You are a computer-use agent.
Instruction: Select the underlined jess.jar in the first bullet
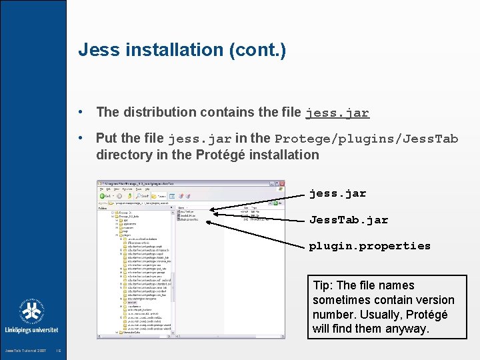[x=337, y=113]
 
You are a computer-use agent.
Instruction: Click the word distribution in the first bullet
[x=162, y=112]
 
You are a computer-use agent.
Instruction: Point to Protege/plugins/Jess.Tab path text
[x=366, y=139]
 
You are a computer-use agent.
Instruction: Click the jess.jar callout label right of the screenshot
[x=337, y=194]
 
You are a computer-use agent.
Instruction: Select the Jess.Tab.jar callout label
[x=348, y=220]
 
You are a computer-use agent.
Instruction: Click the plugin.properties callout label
[x=369, y=246]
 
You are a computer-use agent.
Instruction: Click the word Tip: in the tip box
[x=323, y=285]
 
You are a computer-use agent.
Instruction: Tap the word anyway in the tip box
[x=408, y=329]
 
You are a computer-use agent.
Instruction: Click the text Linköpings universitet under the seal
[x=31, y=330]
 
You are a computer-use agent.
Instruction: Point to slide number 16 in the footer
[x=59, y=351]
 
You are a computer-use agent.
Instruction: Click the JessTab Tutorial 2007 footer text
[x=25, y=351]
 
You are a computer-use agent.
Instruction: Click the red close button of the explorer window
[x=281, y=183]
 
